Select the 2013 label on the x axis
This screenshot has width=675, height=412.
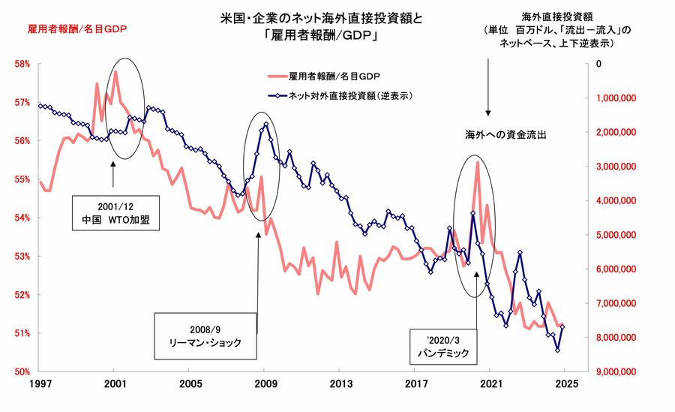pos(341,384)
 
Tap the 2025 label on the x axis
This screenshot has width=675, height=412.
pos(567,384)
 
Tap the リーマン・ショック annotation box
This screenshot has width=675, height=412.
pos(201,335)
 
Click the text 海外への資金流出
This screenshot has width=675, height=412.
pos(505,136)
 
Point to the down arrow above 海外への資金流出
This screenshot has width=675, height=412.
pos(488,94)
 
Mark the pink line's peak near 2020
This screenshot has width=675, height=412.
pos(477,162)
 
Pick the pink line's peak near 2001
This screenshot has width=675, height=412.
pos(116,71)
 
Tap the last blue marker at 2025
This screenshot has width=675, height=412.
pos(562,326)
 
